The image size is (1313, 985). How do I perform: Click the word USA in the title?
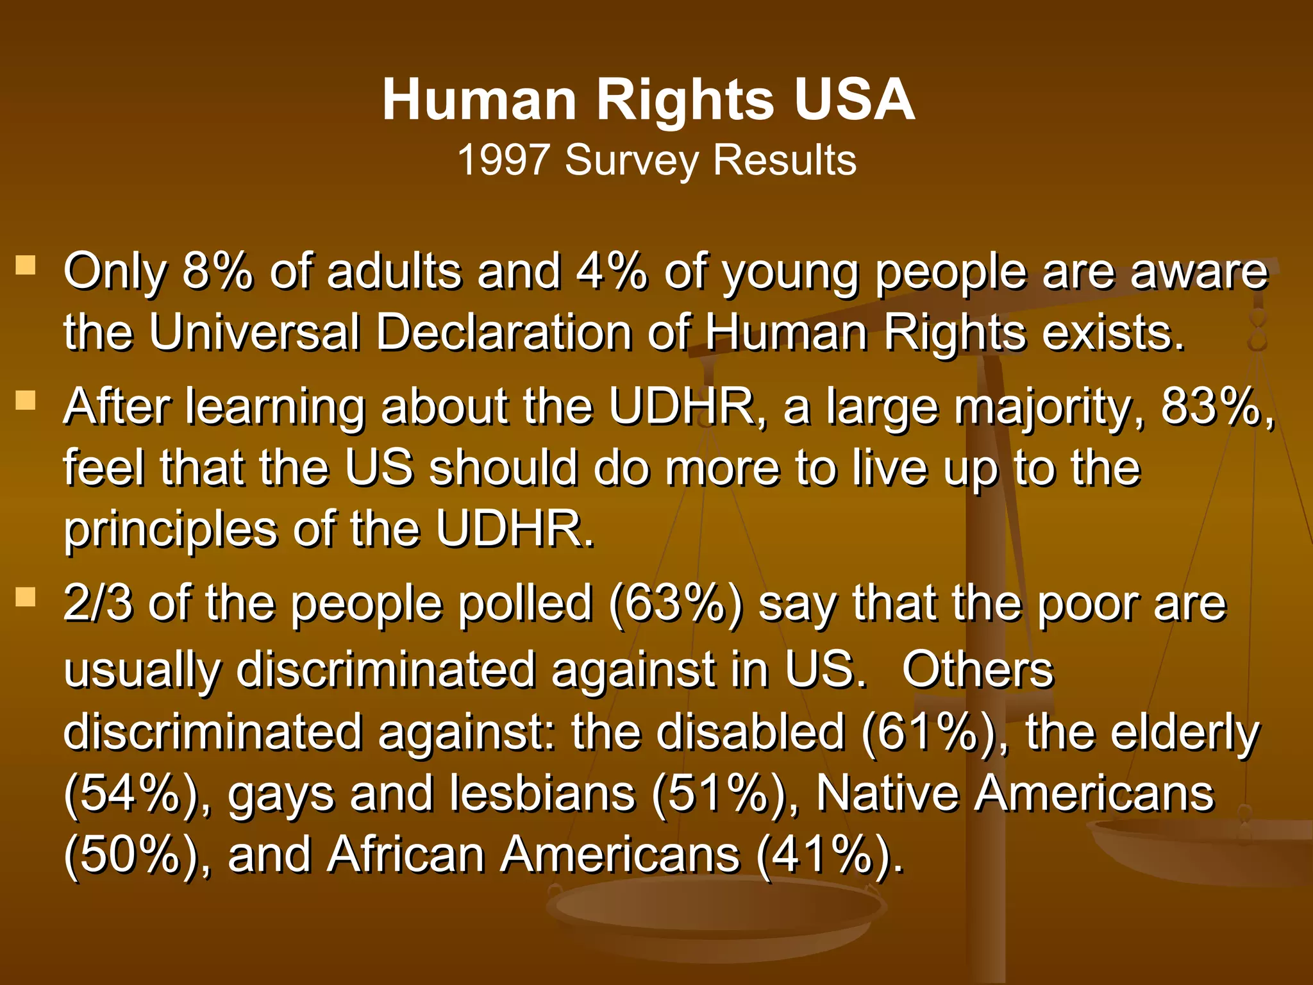(854, 99)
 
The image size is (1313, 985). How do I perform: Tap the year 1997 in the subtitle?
(503, 160)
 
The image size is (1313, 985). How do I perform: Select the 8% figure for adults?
(217, 271)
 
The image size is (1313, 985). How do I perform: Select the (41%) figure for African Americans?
(829, 855)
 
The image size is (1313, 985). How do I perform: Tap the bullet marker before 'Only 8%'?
(26, 265)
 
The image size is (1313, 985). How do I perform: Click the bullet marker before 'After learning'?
(26, 401)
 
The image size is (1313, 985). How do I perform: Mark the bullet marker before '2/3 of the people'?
(26, 598)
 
